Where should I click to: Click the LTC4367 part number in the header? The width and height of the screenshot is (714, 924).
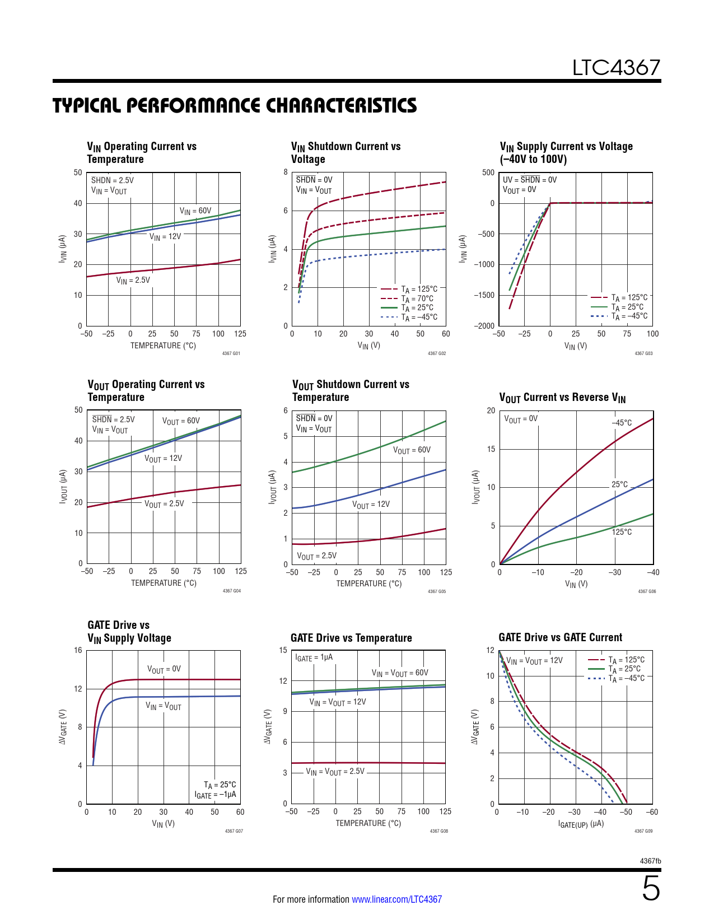616,68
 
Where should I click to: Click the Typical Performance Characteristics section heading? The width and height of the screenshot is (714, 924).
235,105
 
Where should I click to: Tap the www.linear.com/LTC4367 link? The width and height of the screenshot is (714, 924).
396,899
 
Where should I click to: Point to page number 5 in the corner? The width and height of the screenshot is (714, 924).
651,889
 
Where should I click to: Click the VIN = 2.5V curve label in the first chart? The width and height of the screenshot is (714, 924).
133,280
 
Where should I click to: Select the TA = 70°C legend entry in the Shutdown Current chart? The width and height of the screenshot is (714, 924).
417,298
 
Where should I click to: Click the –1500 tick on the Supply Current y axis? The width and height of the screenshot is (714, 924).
485,295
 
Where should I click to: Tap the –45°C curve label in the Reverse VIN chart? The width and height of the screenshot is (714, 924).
622,423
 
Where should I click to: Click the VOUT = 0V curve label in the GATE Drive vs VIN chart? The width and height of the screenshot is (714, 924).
164,669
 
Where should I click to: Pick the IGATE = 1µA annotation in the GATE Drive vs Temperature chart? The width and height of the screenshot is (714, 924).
314,657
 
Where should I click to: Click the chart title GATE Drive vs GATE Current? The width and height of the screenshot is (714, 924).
560,637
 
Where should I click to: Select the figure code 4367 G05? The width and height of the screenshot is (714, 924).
437,591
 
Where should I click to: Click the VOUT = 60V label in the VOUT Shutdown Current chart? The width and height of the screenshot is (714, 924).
412,450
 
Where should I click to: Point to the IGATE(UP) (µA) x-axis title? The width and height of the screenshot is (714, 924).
581,824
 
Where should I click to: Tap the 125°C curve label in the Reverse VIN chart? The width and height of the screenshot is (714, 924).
622,531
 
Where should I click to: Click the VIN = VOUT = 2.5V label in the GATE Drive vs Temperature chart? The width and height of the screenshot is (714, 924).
335,772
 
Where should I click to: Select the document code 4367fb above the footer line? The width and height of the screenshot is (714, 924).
650,861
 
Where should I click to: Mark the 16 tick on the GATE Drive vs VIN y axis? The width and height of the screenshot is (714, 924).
78,650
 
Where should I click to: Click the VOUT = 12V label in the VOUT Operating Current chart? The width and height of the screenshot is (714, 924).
163,459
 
